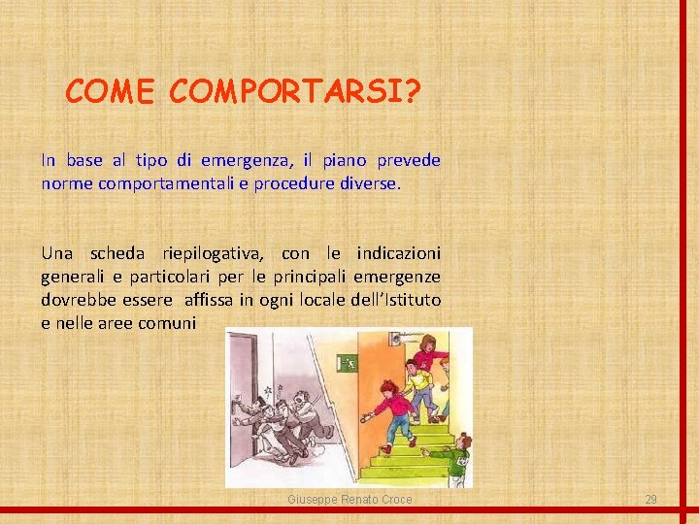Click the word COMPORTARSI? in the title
[295, 91]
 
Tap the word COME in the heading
[110, 91]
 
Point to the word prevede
[408, 160]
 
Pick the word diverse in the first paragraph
[366, 183]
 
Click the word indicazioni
[398, 253]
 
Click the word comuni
[169, 323]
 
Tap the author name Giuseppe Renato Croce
[349, 499]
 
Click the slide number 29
[651, 499]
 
